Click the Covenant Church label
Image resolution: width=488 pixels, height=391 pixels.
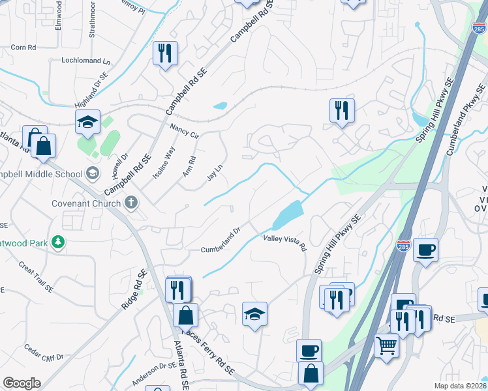click(x=86, y=203)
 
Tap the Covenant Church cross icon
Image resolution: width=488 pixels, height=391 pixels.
click(x=130, y=203)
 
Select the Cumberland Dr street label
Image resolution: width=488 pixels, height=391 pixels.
click(x=221, y=240)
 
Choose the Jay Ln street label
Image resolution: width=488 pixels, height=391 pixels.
click(x=215, y=172)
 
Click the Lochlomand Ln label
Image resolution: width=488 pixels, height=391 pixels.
click(x=86, y=61)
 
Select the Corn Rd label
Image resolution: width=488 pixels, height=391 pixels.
click(x=23, y=47)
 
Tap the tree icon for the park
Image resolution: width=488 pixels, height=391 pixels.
click(x=59, y=242)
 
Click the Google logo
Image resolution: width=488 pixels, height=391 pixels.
click(x=22, y=383)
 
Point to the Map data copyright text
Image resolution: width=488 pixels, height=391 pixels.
click(x=461, y=386)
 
